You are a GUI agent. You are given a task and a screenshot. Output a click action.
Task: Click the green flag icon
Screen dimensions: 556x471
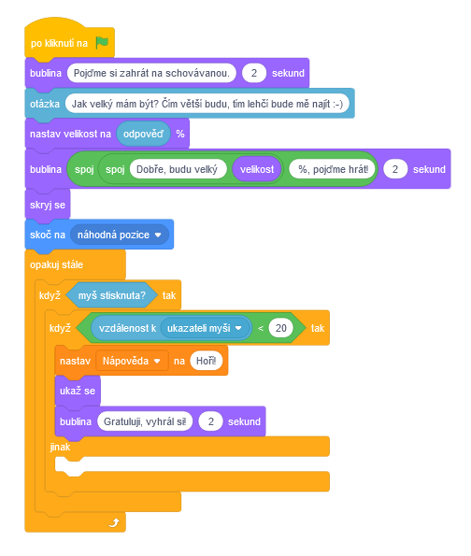tap(102, 41)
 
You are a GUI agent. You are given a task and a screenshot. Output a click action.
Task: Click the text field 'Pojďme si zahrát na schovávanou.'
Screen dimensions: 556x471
tap(150, 72)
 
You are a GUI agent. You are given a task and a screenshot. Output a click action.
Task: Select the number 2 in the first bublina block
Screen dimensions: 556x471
tap(253, 72)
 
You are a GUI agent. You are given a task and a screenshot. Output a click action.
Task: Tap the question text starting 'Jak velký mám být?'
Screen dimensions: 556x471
tap(207, 103)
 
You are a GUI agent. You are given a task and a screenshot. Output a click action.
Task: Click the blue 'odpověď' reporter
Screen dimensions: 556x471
tap(143, 134)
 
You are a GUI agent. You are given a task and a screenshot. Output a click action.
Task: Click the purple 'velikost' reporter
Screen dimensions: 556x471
tap(255, 169)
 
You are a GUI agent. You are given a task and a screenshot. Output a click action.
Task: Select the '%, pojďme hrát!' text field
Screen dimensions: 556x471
tap(333, 169)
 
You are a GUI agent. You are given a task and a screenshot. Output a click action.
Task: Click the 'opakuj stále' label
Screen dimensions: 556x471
tap(57, 264)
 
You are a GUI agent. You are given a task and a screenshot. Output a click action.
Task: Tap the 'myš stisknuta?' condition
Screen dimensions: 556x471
tap(112, 295)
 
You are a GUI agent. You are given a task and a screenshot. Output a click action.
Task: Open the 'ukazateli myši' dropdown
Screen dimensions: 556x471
tap(206, 329)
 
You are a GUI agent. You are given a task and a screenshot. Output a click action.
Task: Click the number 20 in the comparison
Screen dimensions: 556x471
tap(281, 329)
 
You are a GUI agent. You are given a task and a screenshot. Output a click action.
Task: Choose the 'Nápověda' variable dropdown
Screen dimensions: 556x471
tap(132, 360)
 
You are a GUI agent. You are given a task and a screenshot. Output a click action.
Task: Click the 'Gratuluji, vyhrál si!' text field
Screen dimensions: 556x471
tap(143, 421)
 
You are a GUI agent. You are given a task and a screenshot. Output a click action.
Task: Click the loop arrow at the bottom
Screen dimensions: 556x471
tap(114, 522)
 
